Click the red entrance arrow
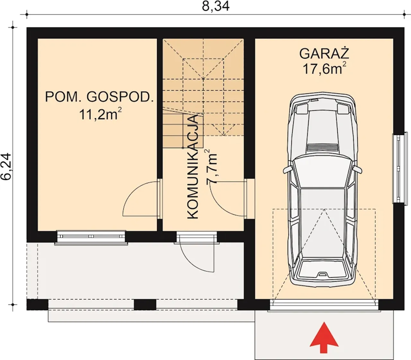(324, 340)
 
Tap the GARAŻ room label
(324, 54)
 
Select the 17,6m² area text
(324, 68)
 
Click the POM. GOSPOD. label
(100, 97)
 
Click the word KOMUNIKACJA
(193, 167)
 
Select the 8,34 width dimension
(215, 6)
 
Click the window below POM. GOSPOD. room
(91, 238)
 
